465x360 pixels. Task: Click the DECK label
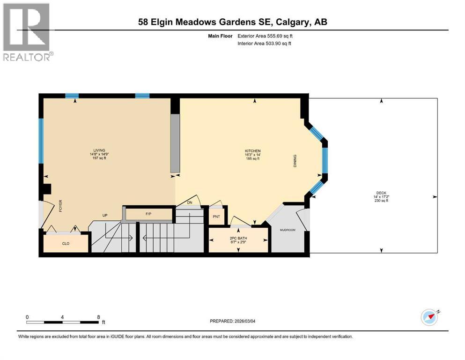click(x=381, y=193)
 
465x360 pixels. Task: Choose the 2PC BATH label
click(x=238, y=239)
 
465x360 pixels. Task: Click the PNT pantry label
click(x=216, y=217)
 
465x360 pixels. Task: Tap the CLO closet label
click(x=66, y=243)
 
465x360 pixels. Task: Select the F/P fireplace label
click(x=148, y=214)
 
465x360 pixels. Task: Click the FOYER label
click(x=60, y=206)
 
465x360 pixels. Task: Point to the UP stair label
click(x=105, y=216)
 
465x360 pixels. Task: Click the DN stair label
click(x=190, y=202)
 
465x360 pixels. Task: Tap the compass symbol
click(x=429, y=317)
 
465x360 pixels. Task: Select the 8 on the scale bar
click(x=97, y=316)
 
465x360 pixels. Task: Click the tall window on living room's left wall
click(x=41, y=140)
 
